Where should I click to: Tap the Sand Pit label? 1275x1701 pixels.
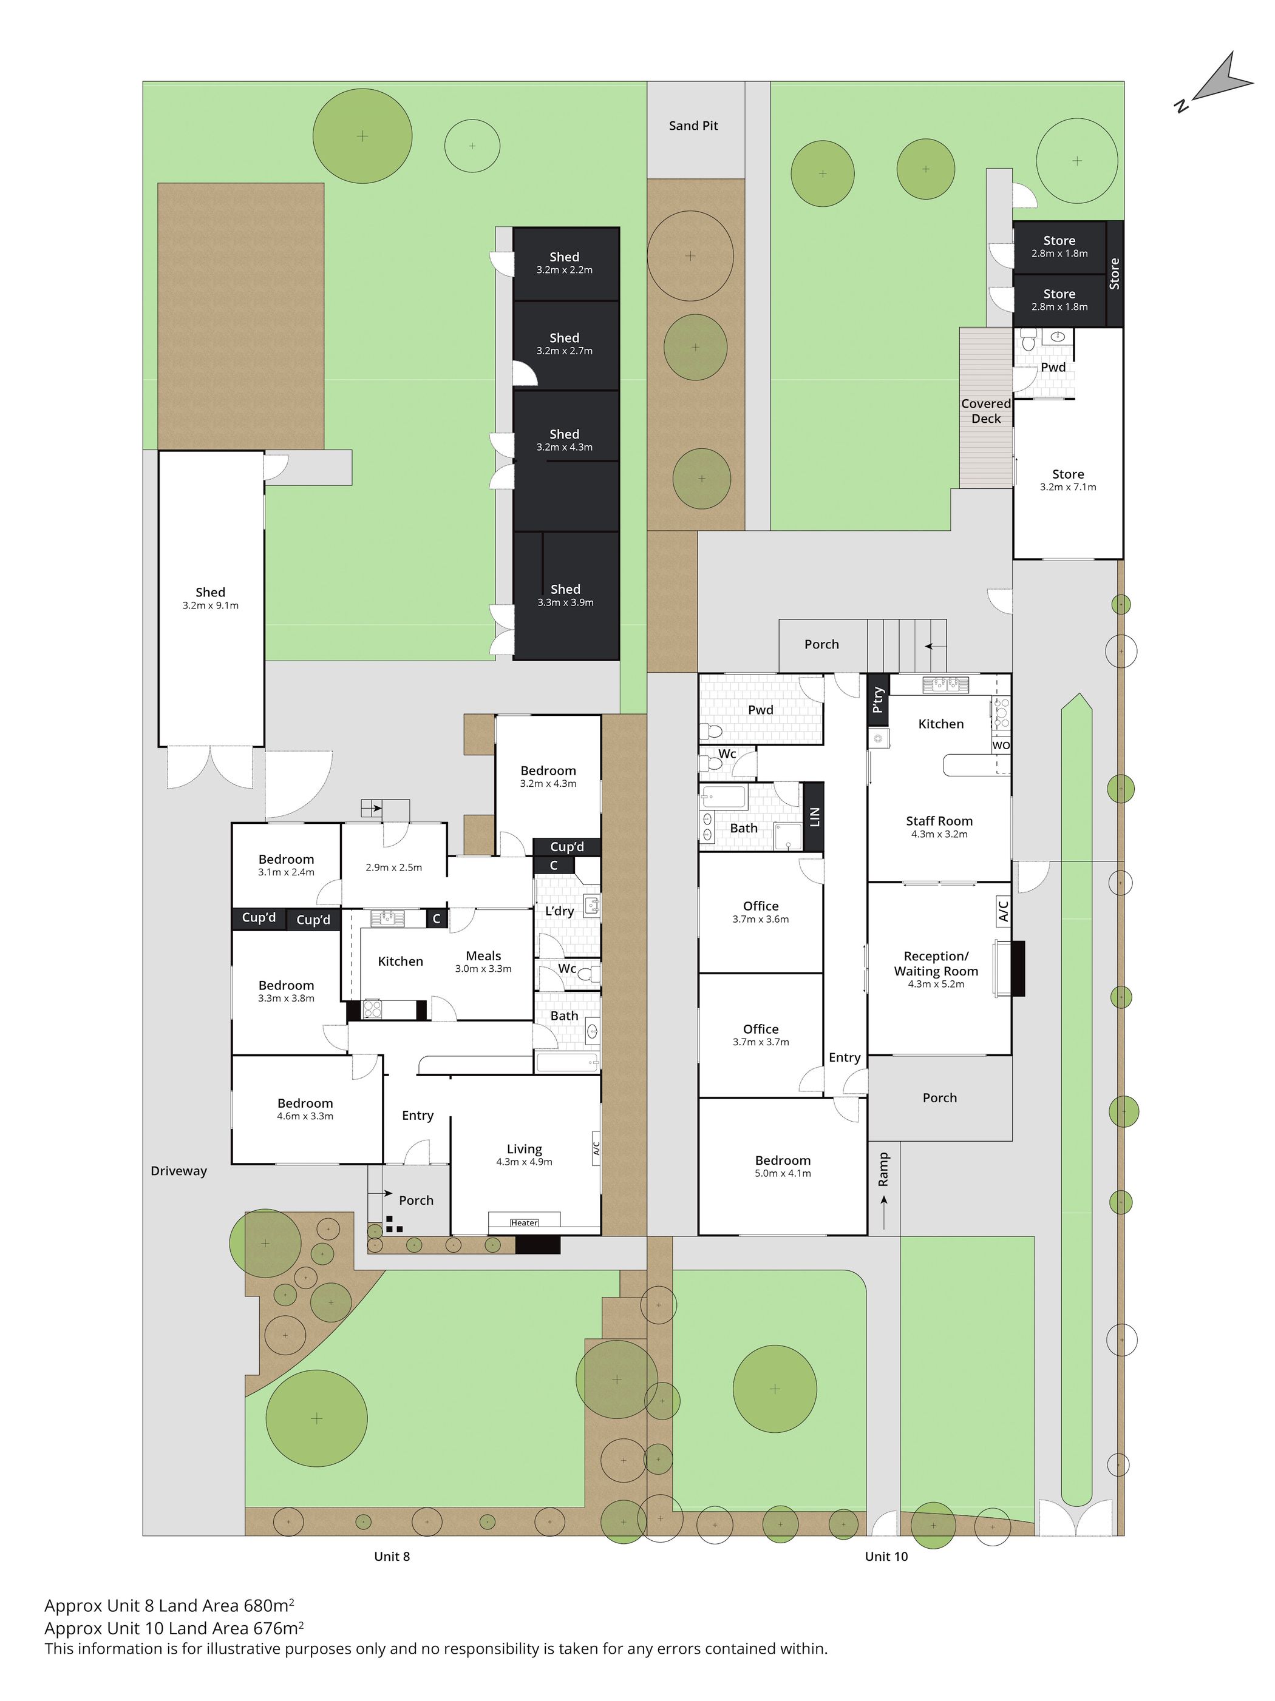tap(693, 126)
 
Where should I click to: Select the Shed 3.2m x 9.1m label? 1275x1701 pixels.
tap(210, 598)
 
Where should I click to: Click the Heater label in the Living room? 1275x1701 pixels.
tap(524, 1222)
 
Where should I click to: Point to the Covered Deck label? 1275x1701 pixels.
tap(985, 411)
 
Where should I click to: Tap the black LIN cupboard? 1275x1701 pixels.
tap(814, 817)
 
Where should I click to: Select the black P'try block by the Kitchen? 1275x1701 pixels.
tap(878, 700)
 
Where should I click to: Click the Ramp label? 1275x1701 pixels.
tap(883, 1168)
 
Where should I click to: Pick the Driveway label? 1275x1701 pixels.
tap(178, 1170)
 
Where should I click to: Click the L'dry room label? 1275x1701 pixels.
tap(559, 911)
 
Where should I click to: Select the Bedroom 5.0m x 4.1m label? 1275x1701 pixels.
tap(783, 1166)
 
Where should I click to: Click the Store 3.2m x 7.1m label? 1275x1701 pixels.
tap(1068, 480)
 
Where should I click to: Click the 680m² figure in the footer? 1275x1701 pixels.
tap(268, 1605)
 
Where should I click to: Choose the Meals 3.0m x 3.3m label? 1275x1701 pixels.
tap(483, 962)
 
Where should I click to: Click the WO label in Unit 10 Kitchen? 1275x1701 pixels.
tap(1001, 745)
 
